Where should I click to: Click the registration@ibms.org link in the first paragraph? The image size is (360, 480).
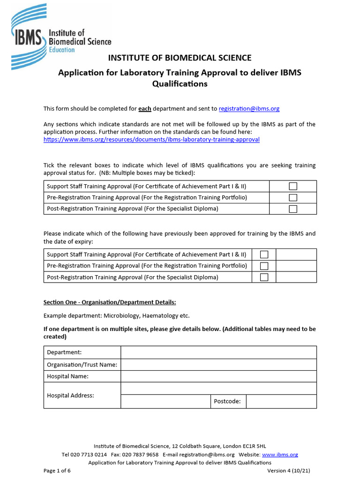249,108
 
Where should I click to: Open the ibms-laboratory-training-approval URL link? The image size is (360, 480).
151,139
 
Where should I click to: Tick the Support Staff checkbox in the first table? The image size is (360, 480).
293,186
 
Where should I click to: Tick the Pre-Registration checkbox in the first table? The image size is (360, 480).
293,197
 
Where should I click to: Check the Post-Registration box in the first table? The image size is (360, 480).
293,209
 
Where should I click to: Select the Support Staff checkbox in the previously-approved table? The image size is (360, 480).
264,255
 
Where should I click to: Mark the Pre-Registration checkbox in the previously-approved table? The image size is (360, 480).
264,266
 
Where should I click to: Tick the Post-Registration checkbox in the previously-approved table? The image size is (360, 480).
264,277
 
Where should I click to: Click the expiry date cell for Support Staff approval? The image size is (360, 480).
296,255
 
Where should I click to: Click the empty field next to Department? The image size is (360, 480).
218,352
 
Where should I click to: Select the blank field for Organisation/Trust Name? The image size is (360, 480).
218,365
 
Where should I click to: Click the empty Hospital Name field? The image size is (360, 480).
218,376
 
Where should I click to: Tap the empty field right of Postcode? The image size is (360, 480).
281,401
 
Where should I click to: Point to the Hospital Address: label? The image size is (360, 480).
70,395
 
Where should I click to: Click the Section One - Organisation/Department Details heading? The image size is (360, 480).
110,302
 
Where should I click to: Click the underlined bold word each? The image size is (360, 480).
144,108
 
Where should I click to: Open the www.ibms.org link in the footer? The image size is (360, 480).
280,454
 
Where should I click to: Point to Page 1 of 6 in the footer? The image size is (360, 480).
57,471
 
